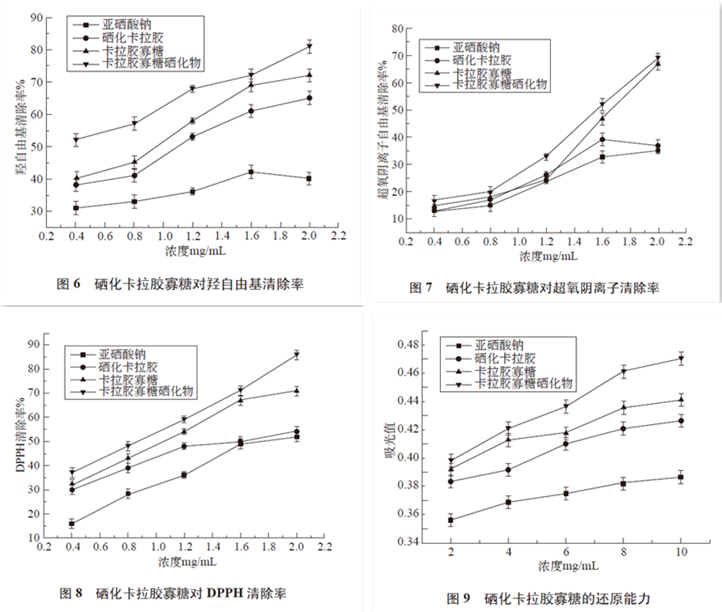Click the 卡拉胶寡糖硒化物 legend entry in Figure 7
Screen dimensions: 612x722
point(500,84)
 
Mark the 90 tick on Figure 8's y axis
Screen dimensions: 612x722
point(34,344)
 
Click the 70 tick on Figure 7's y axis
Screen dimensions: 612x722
point(397,56)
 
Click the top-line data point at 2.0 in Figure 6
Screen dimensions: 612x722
point(309,46)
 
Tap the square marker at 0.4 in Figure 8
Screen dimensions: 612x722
point(72,524)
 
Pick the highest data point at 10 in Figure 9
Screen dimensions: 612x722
point(681,359)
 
